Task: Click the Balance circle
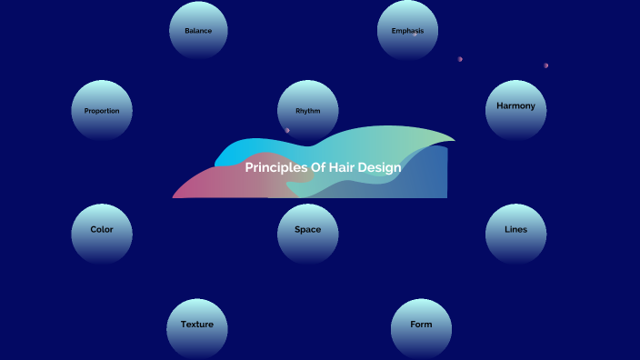[198, 30]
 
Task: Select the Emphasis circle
[407, 30]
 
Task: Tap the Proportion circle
[102, 111]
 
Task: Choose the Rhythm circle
[308, 111]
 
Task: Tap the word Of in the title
[319, 167]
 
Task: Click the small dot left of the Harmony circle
[460, 59]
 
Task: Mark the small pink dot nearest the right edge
[546, 65]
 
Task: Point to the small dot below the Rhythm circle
[287, 130]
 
